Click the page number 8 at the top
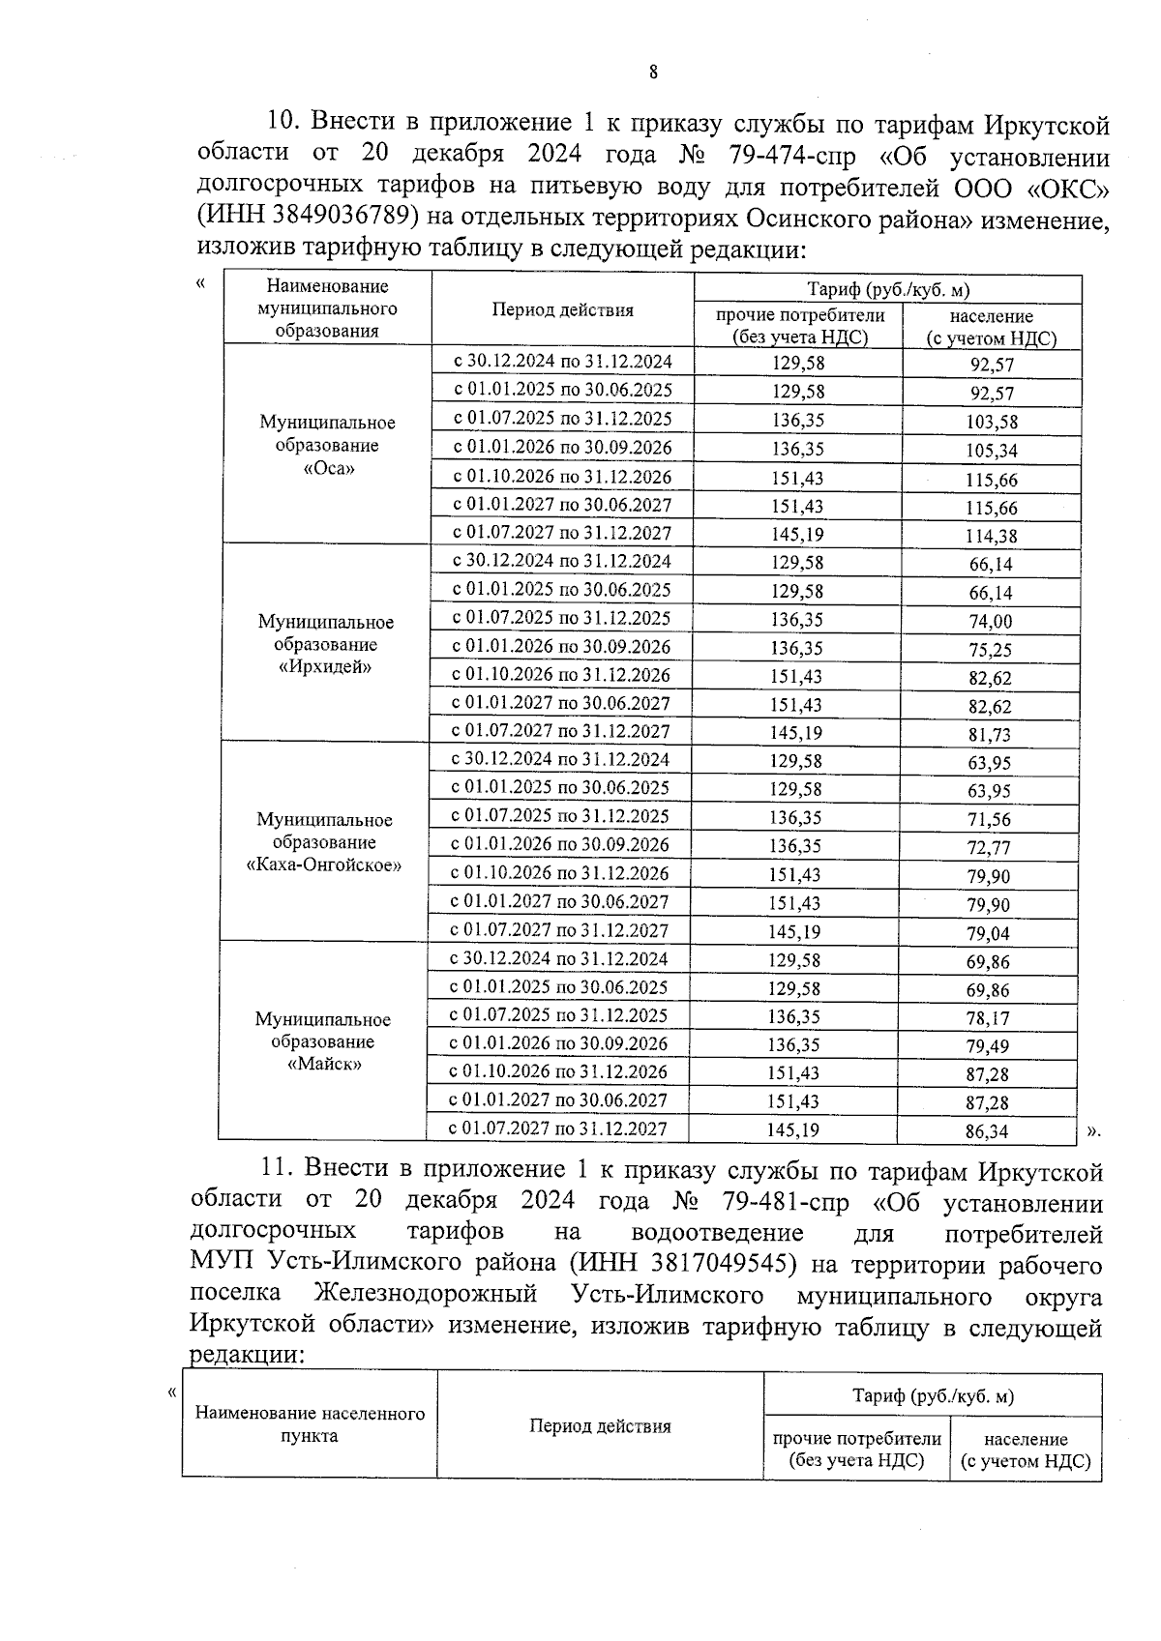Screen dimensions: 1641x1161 coord(654,72)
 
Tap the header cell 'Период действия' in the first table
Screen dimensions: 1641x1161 coord(562,310)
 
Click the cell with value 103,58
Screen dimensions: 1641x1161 coord(992,422)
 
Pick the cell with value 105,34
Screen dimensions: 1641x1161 coord(992,451)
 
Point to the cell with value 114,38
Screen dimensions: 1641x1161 coord(992,536)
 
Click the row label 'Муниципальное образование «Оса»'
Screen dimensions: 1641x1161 coord(328,446)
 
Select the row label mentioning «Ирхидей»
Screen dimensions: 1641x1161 coord(326,645)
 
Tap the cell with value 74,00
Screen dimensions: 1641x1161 coord(991,622)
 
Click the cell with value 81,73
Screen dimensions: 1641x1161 coord(991,735)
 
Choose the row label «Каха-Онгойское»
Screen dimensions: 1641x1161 coord(325,843)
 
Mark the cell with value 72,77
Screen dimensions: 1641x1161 coord(990,848)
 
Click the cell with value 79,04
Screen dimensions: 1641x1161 coord(990,933)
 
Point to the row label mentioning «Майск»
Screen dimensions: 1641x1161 coord(323,1042)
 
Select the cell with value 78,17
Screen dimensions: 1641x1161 coord(988,1018)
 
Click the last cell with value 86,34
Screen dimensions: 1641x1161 coord(987,1131)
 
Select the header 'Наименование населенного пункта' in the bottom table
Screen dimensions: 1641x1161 coord(310,1425)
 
